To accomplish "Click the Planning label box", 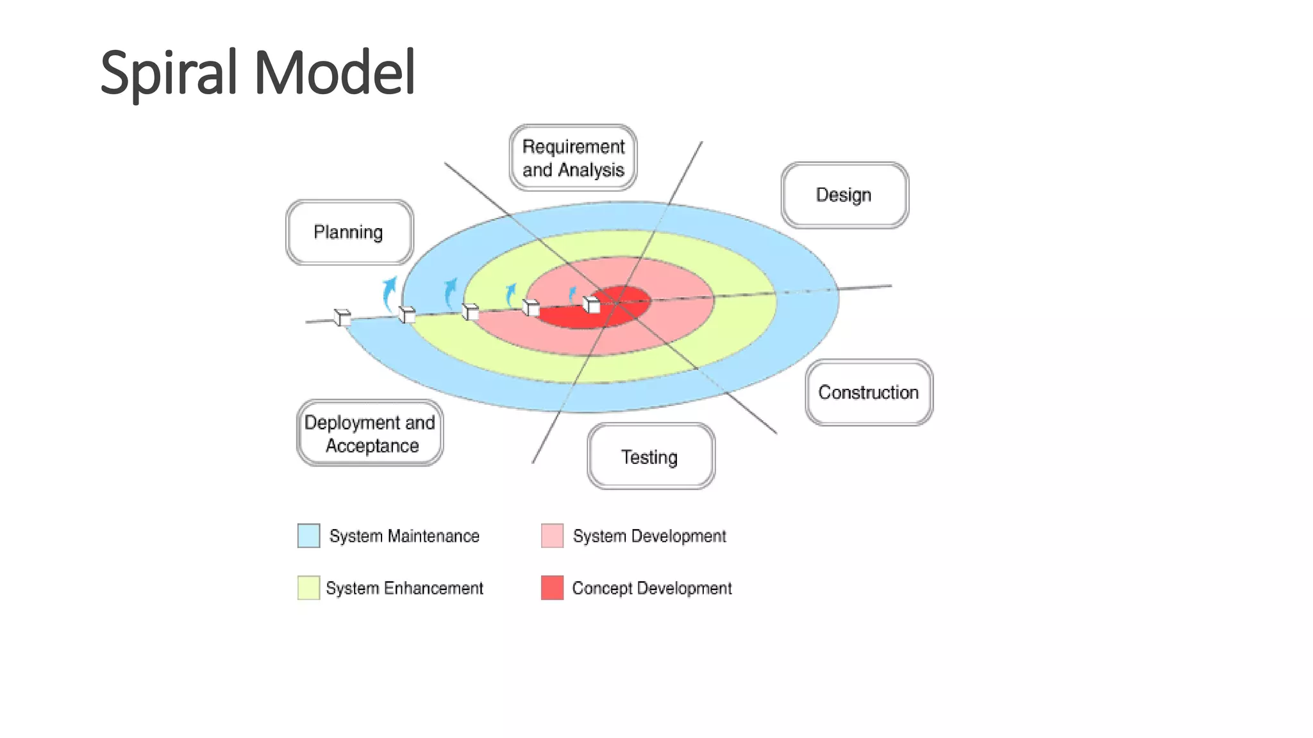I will pos(349,232).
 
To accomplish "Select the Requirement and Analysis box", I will pos(573,158).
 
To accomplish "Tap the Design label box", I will pos(844,195).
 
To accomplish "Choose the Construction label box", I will pos(869,392).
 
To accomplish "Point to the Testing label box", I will pos(650,457).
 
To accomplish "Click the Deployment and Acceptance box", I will pos(370,434).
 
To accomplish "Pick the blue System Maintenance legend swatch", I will pos(308,536).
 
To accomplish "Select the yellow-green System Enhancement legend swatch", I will pos(308,587).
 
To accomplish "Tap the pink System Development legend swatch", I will pos(552,536).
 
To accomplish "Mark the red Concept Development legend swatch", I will pos(552,587).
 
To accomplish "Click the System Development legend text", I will pos(649,536).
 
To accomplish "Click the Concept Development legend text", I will pos(651,588).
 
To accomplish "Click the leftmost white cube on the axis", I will pos(342,317).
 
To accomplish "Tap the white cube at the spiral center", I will pos(591,304).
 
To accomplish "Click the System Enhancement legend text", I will pos(404,588).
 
